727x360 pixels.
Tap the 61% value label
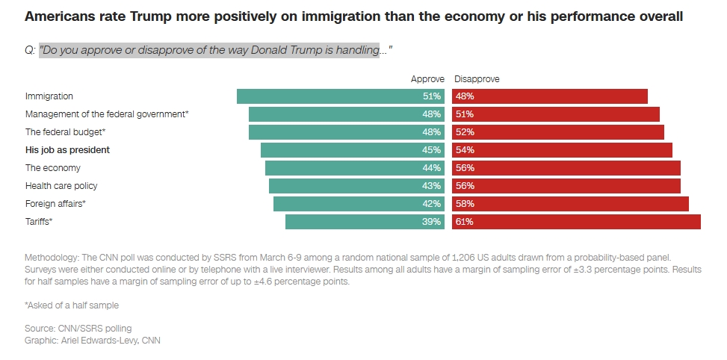(x=465, y=222)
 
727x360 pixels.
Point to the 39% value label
(x=431, y=222)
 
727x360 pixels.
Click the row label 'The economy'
(x=53, y=168)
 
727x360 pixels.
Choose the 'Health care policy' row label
(x=61, y=186)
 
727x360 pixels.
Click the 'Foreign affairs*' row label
(x=55, y=204)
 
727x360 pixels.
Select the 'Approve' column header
(x=427, y=79)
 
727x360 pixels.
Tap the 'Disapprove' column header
(x=477, y=79)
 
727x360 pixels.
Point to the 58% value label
(x=465, y=204)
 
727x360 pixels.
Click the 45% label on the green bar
(x=431, y=150)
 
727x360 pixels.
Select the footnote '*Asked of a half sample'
(x=72, y=305)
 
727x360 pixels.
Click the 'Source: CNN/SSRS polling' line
(x=78, y=329)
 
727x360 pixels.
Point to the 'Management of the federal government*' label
(x=107, y=114)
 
